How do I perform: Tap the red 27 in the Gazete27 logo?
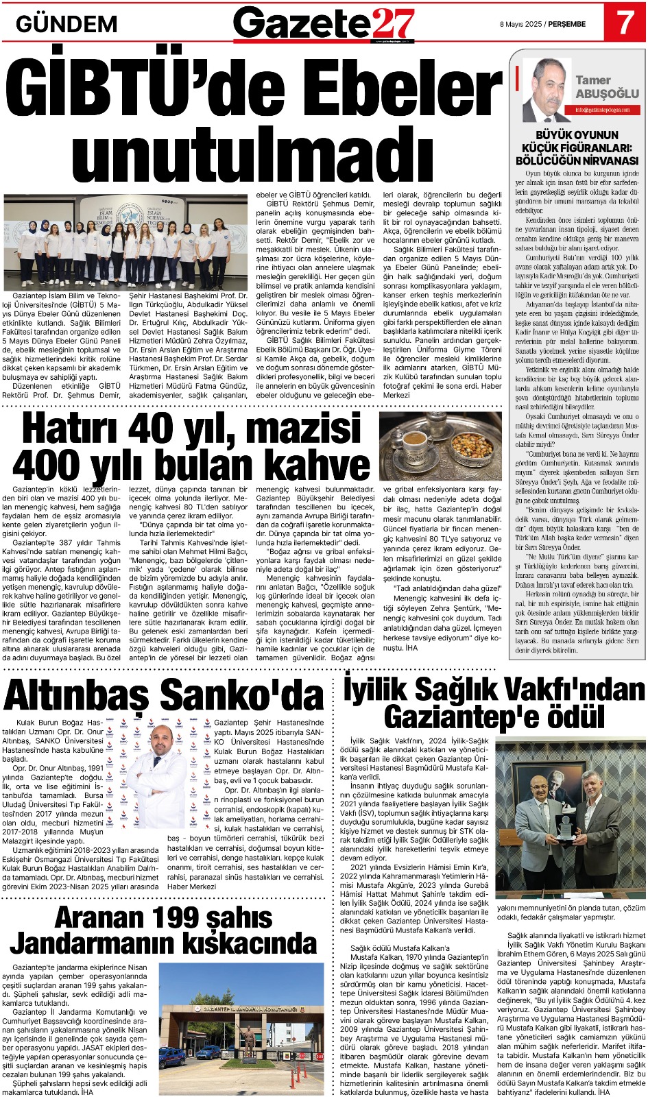(394, 25)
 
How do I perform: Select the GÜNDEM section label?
(67, 24)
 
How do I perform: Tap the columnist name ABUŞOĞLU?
(607, 93)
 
